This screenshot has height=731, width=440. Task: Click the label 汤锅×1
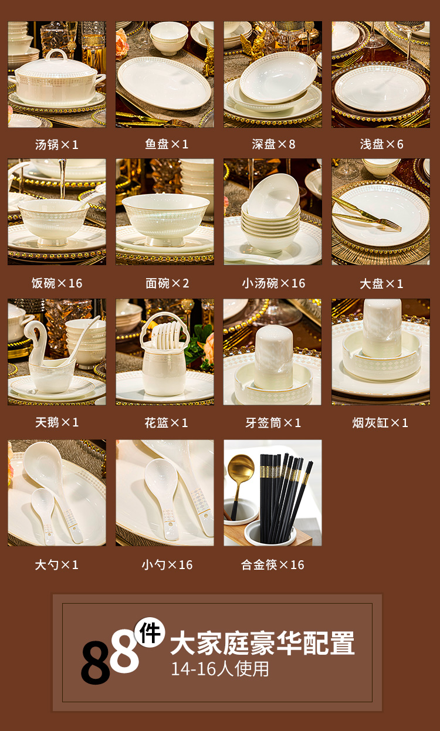tap(57, 144)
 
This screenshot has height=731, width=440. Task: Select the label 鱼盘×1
tap(167, 144)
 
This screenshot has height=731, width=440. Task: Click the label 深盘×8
tap(273, 144)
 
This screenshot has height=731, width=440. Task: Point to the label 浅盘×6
tap(381, 144)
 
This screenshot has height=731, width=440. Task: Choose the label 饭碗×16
tap(57, 283)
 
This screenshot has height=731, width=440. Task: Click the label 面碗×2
tap(167, 283)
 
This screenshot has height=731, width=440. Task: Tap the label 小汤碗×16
tap(273, 283)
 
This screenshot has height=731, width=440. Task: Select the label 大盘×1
tap(381, 283)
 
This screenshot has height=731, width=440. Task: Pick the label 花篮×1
tap(166, 423)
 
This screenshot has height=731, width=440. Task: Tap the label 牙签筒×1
tap(273, 423)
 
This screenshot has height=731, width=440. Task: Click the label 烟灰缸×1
tap(380, 423)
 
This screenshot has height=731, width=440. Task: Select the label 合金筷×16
tap(273, 565)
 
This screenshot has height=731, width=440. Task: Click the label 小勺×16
tap(167, 565)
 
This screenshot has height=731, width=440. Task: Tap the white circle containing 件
tap(150, 632)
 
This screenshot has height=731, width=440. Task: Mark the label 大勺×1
tap(57, 565)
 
